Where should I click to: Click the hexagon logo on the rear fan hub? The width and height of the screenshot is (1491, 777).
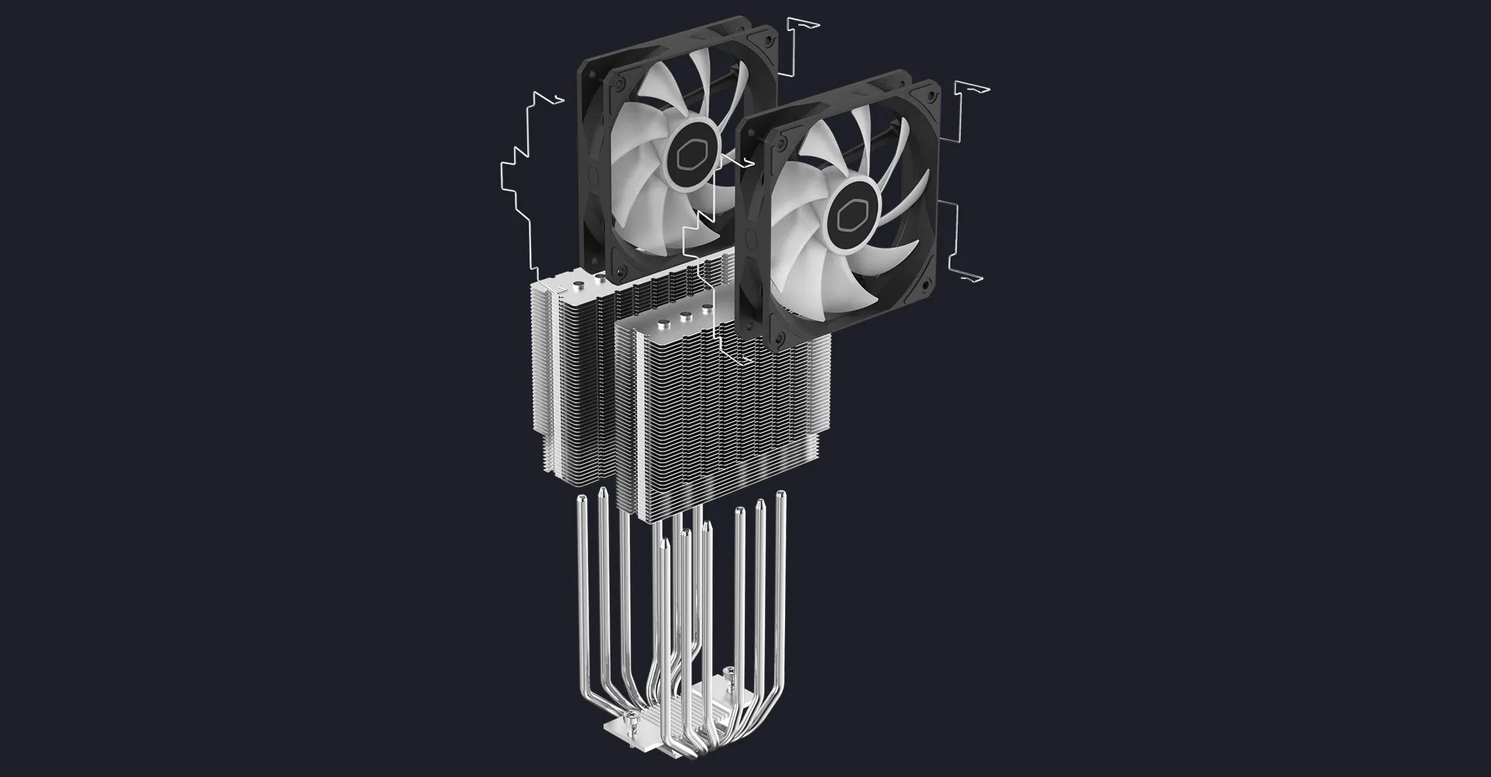click(x=689, y=153)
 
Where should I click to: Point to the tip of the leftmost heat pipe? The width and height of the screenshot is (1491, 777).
click(x=579, y=504)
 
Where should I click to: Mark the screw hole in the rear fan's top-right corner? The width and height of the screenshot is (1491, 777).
click(x=770, y=39)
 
